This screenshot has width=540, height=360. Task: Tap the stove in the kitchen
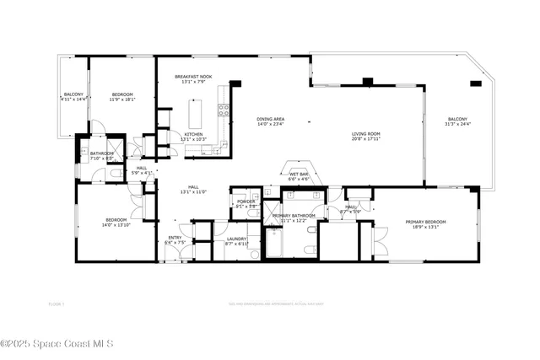tap(224, 109)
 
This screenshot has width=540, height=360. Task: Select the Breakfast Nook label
tap(193, 77)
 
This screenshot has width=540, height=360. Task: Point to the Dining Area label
tap(271, 119)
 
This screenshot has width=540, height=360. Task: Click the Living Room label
tap(365, 133)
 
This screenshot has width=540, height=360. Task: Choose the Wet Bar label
tap(300, 174)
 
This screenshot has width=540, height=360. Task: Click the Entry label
tap(175, 238)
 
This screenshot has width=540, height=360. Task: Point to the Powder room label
tap(246, 201)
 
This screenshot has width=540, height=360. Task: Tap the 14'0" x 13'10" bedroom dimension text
tap(116, 226)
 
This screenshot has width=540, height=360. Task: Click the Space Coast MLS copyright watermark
tap(62, 343)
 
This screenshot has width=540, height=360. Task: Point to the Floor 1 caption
tap(57, 303)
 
